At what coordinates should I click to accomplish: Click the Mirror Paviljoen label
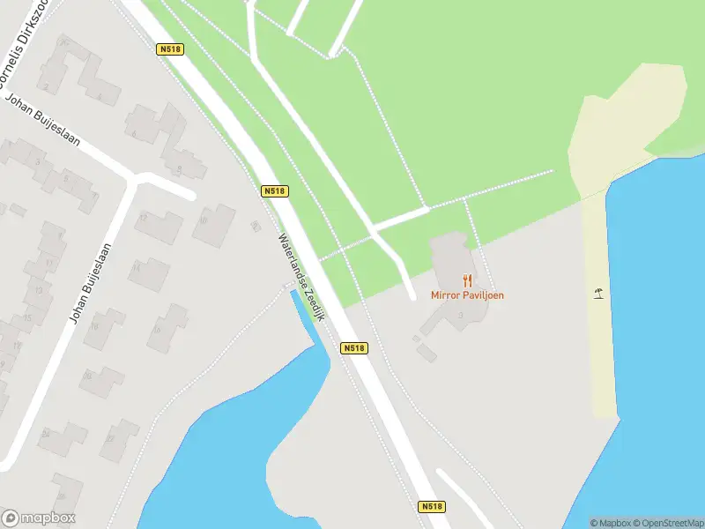467,295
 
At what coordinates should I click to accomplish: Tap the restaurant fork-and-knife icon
467,281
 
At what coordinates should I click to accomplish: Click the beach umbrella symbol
599,294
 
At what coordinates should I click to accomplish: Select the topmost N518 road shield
170,50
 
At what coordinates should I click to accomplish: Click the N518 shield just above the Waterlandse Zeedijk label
275,190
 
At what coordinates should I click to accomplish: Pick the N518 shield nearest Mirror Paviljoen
353,348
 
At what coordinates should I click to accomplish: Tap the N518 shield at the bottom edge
430,507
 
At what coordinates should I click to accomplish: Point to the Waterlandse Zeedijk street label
301,276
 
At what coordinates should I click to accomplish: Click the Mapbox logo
39,518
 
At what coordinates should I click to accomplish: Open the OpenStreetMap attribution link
666,523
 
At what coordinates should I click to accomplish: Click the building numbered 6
143,126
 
